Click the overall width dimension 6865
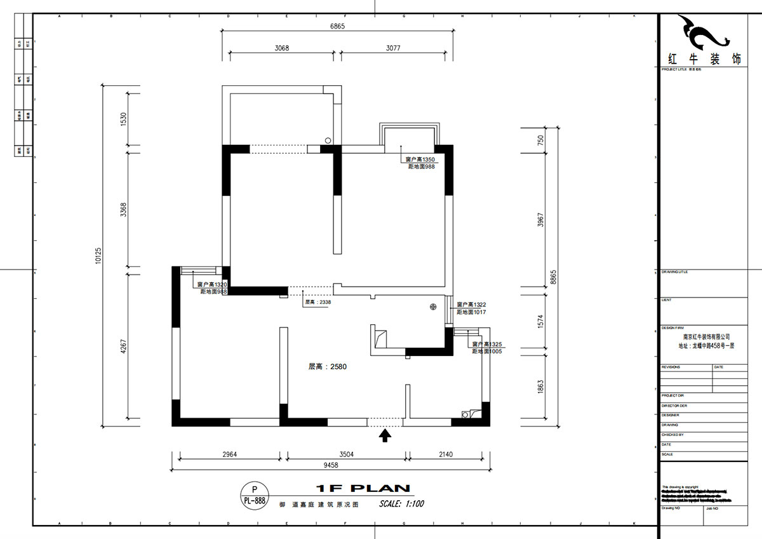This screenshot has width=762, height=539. click(x=337, y=27)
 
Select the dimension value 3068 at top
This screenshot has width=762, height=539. click(x=282, y=48)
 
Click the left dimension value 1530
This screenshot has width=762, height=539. click(x=124, y=119)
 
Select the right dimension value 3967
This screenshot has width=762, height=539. click(x=540, y=220)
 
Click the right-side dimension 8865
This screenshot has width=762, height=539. click(x=554, y=277)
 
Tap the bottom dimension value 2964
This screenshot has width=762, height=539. click(x=230, y=454)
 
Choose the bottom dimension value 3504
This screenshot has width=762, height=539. click(x=347, y=454)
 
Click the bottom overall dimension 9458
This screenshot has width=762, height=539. click(x=330, y=465)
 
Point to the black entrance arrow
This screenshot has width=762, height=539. click(x=384, y=435)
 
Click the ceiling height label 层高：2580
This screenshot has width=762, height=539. click(x=327, y=367)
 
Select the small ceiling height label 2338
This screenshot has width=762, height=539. click(x=318, y=303)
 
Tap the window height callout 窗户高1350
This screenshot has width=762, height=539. click(x=420, y=160)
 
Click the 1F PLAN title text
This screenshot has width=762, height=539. click(x=363, y=488)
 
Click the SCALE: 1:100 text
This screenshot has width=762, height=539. click(x=401, y=504)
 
